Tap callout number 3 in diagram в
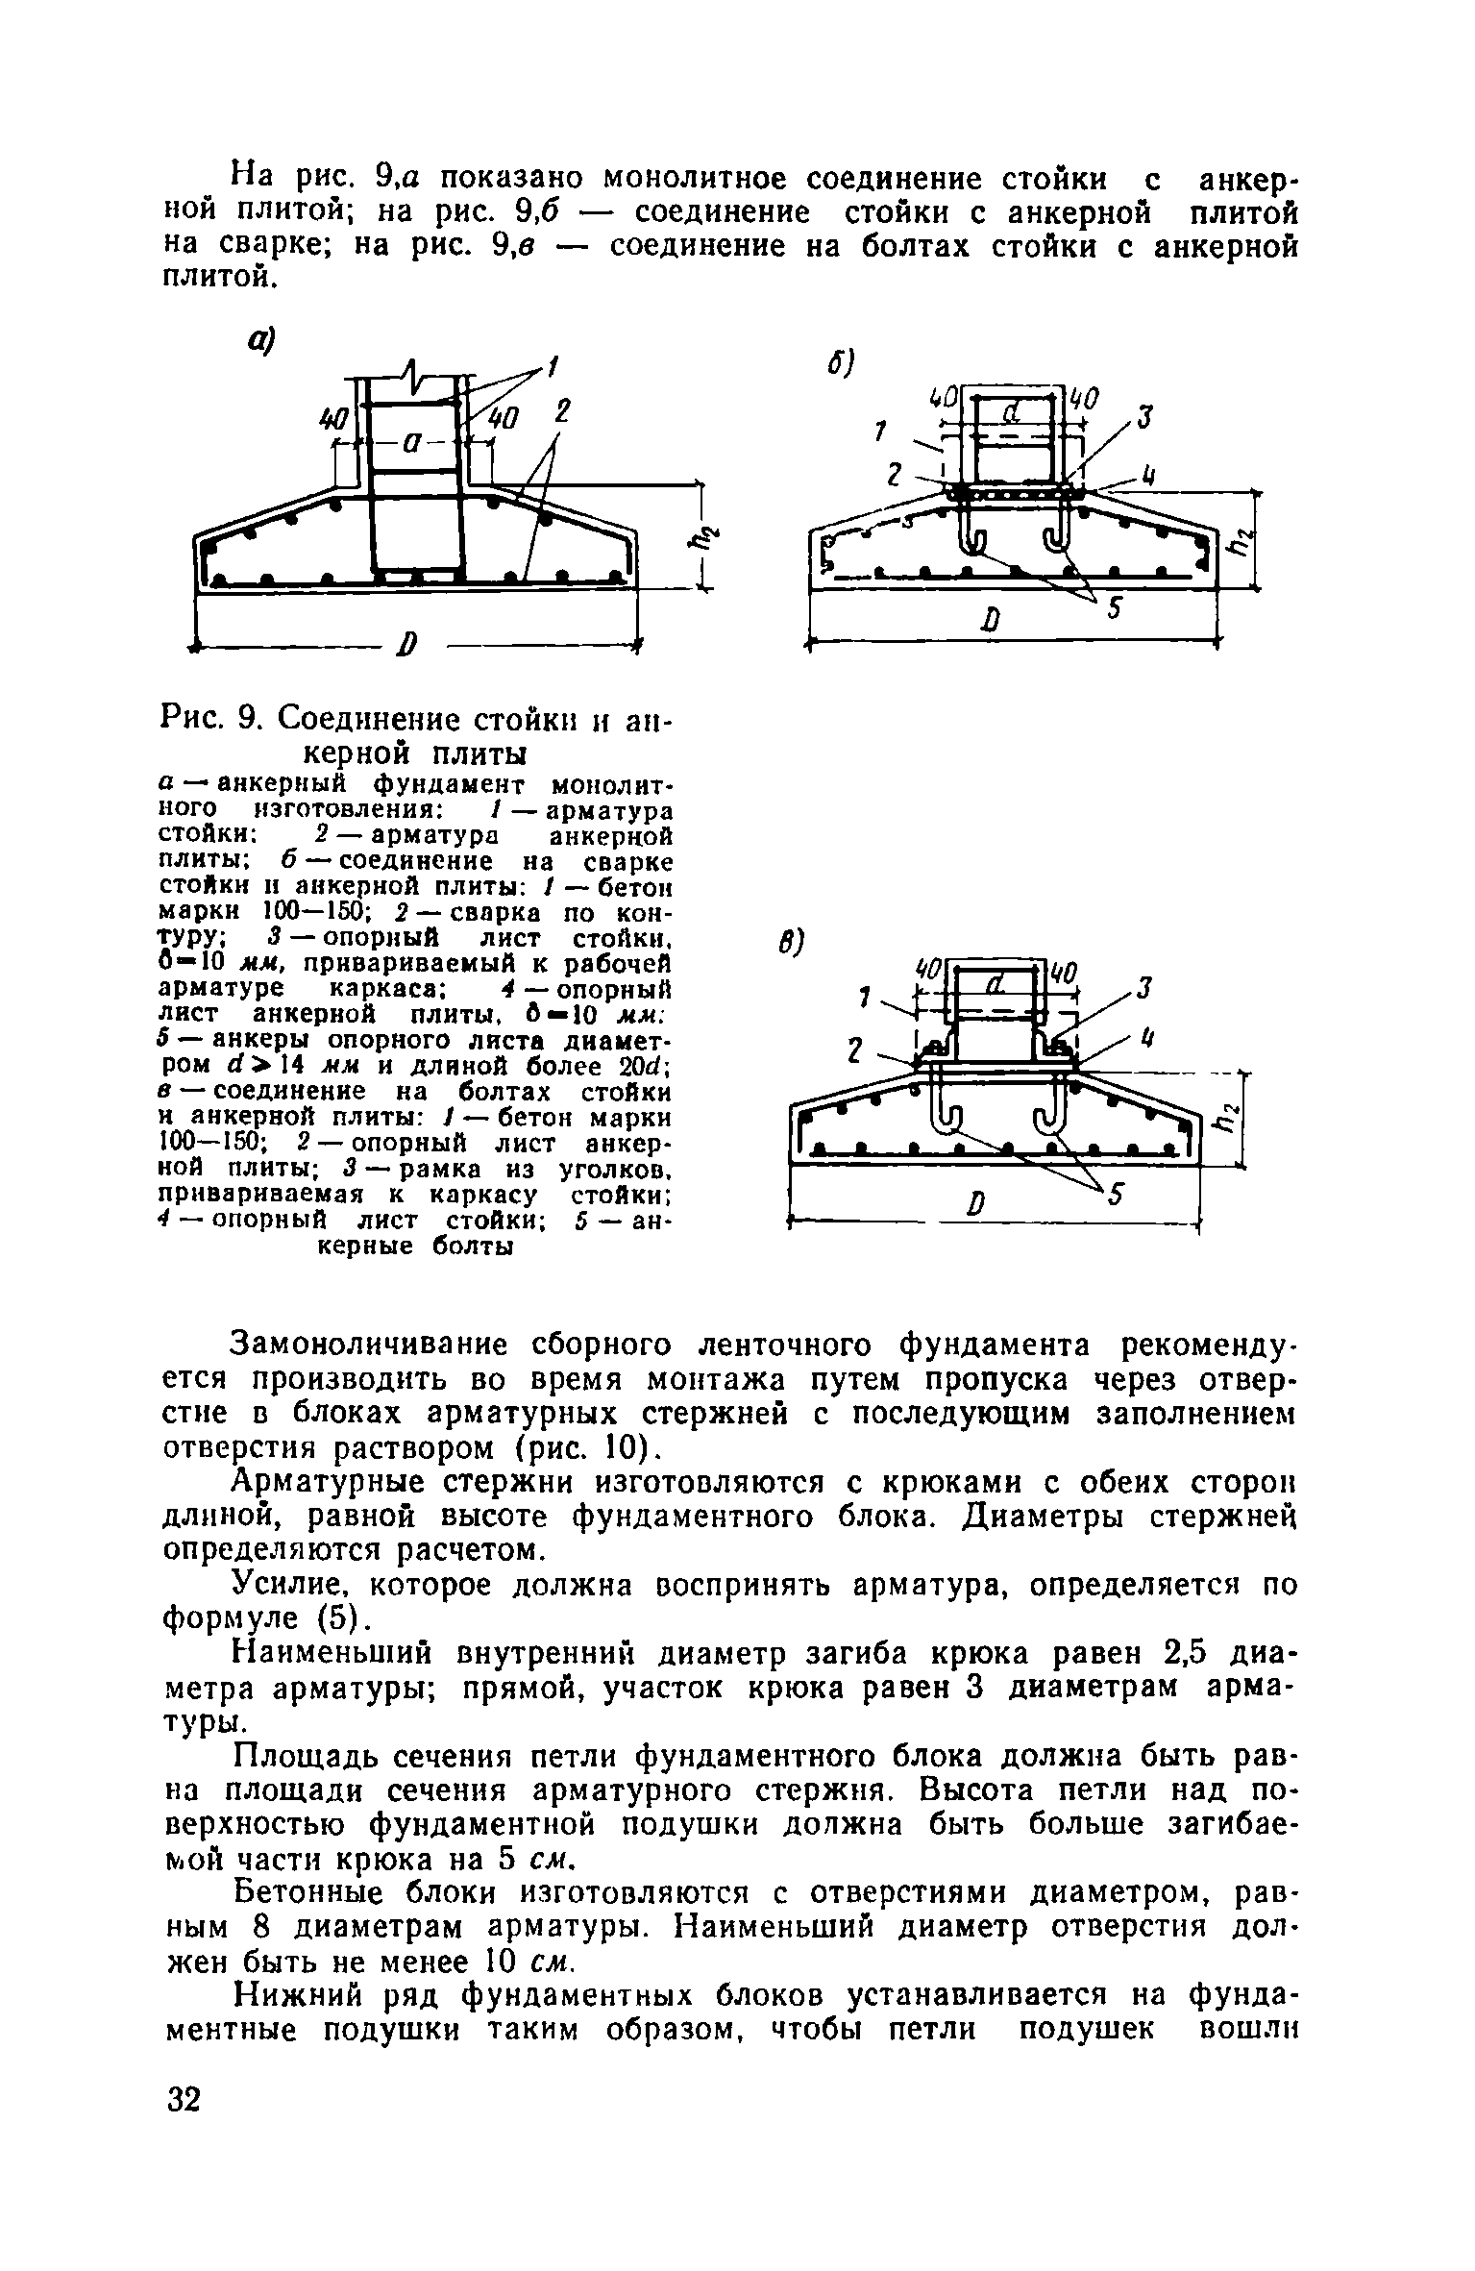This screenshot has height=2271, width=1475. click(1143, 988)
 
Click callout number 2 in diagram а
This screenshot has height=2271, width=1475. click(561, 411)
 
